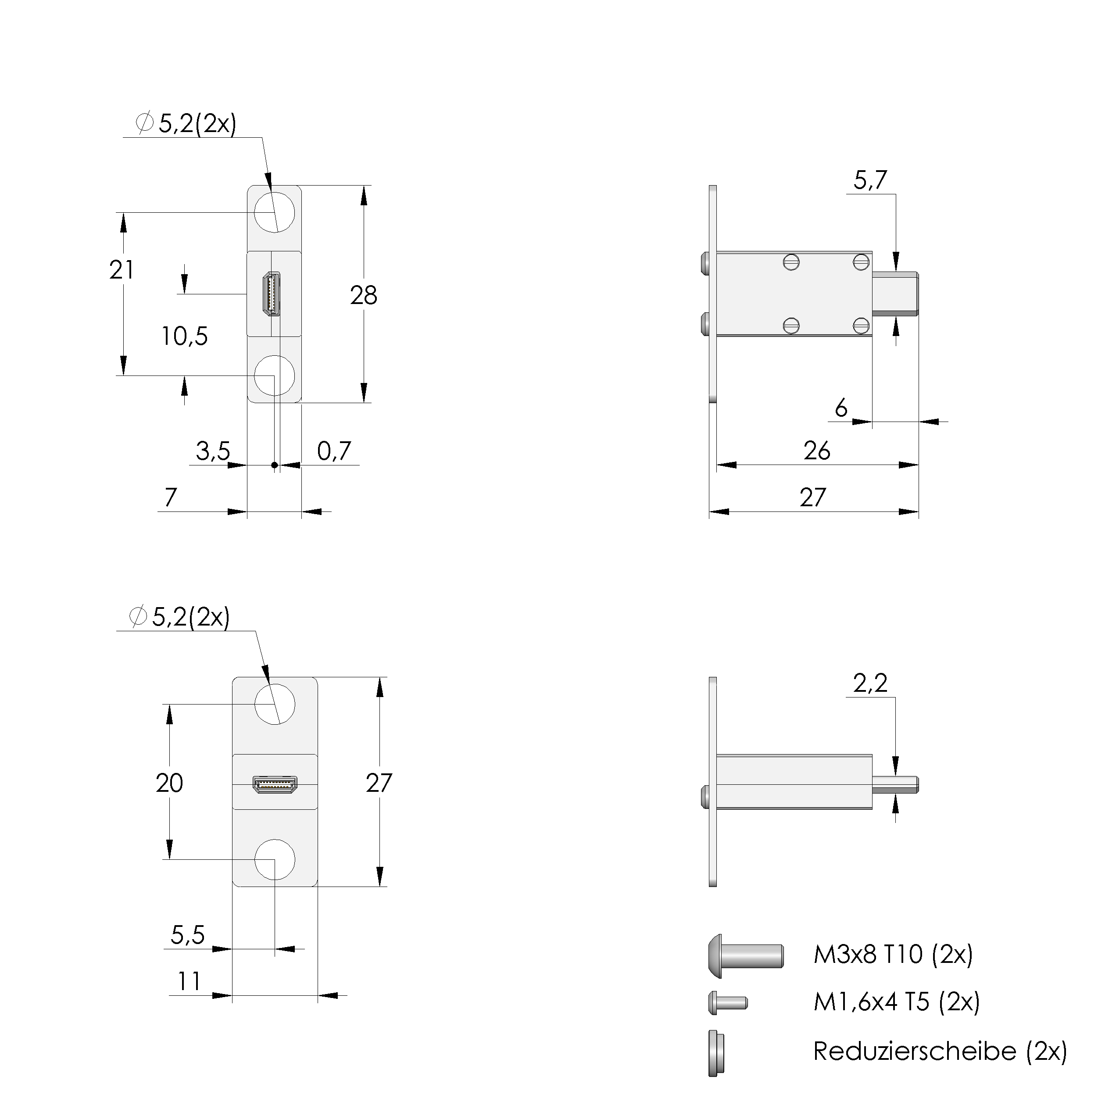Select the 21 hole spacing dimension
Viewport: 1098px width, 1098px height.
(122, 270)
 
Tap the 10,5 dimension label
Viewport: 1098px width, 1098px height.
(185, 336)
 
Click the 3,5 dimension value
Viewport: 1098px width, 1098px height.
(213, 451)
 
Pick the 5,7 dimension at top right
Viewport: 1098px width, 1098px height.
(870, 180)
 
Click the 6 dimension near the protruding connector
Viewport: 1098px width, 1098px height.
(841, 408)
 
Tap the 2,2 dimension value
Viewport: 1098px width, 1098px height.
(870, 683)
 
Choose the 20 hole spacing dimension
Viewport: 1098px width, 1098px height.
(169, 783)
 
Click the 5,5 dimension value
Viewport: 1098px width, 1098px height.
(188, 934)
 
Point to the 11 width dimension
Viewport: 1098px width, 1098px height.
(189, 981)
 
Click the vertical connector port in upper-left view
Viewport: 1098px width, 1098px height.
(272, 294)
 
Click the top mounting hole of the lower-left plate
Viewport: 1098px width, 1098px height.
(275, 704)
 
